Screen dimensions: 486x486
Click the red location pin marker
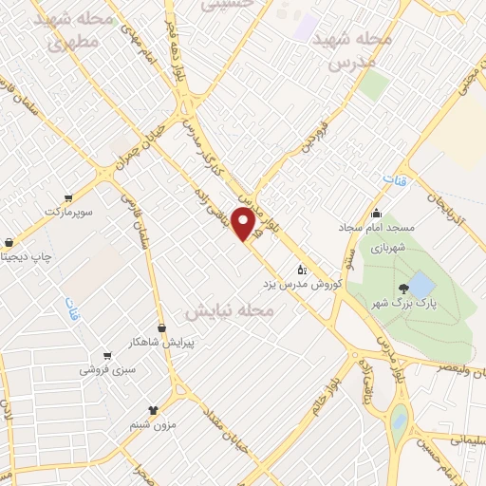coord(244,224)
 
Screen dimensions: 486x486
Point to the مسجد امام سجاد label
coord(374,228)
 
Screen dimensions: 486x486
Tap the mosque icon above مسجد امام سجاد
coord(377,213)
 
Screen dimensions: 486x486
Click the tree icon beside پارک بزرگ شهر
coord(405,288)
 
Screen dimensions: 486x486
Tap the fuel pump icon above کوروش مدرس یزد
coord(302,269)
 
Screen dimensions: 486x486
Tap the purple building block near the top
coord(306,26)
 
